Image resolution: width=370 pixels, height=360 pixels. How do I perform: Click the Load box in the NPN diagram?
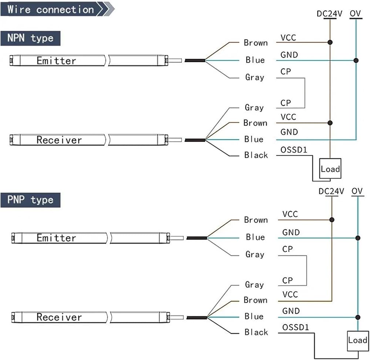330,168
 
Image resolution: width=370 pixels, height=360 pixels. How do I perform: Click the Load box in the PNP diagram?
358,341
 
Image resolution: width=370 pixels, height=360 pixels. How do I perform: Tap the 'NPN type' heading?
30,38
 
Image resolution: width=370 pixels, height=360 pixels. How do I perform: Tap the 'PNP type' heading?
30,200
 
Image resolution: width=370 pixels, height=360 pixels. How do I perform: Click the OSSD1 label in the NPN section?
294,150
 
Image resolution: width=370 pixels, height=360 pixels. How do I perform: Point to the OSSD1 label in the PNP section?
296,327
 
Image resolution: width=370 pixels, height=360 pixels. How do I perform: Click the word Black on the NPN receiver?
256,155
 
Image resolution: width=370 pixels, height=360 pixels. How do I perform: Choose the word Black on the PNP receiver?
256,332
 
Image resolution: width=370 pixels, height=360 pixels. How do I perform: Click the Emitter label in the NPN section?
56,61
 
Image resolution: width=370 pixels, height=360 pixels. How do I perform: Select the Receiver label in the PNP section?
59,317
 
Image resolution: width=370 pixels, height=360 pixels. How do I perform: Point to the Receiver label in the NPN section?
59,140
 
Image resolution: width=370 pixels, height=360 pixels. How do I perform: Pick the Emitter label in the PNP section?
56,238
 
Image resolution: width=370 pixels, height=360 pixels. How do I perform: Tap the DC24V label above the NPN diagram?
329,14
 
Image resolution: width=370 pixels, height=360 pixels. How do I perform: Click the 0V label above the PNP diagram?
357,191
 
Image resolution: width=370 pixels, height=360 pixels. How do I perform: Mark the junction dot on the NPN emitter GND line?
356,61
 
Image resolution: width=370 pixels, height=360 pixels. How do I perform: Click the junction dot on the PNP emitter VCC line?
332,220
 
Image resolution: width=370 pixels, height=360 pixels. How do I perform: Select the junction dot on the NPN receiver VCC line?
330,123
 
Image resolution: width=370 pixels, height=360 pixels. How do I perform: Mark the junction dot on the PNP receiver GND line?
358,317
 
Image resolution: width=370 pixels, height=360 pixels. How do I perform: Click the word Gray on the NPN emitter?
255,78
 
